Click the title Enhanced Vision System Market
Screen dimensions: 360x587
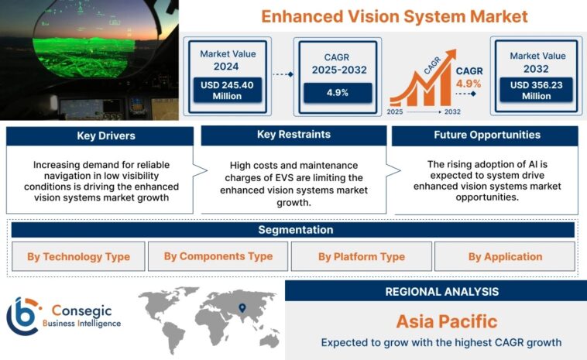394,16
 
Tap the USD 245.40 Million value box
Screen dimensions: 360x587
230,90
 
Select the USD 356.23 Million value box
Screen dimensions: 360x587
537,90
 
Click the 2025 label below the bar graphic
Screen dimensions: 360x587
396,111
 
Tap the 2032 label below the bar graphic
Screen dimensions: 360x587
453,111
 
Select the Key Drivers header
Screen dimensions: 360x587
100,136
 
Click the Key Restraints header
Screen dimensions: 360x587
293,135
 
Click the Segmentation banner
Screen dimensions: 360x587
293,230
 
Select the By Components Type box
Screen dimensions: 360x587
218,256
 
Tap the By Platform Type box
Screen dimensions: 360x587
361,256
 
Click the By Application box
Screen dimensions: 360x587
505,256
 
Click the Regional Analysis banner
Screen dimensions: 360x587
435,291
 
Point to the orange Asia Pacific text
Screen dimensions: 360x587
435,321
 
